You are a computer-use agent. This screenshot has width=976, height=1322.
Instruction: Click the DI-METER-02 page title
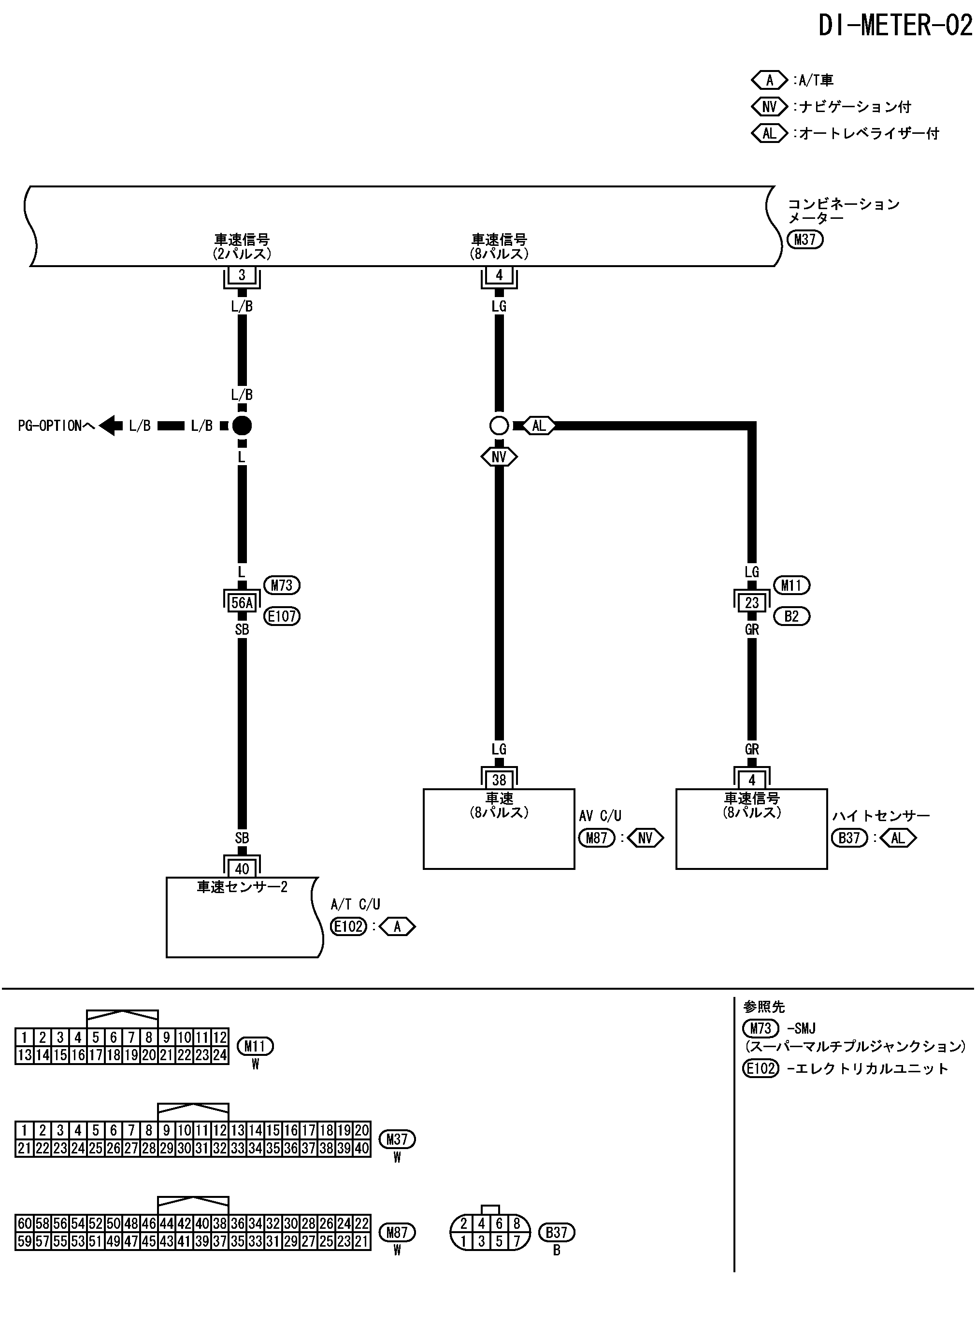point(894,26)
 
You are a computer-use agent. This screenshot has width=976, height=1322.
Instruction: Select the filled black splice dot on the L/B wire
point(242,425)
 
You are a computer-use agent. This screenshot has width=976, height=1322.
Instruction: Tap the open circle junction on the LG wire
point(499,425)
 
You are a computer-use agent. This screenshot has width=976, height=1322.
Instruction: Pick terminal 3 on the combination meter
point(242,275)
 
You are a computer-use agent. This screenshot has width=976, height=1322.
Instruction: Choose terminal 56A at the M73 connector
point(242,602)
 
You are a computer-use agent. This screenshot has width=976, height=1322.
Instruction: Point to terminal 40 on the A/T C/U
point(242,868)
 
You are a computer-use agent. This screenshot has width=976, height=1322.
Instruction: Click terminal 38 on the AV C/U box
point(499,780)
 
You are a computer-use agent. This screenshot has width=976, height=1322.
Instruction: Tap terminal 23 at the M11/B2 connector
point(751,602)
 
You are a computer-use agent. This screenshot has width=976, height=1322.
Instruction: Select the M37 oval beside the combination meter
point(804,239)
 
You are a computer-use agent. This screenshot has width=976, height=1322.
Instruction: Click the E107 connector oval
point(282,616)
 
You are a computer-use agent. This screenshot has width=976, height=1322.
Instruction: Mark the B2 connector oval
point(791,616)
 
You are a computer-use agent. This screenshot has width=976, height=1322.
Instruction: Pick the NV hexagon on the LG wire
point(499,457)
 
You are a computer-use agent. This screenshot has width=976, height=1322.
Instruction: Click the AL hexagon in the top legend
point(769,133)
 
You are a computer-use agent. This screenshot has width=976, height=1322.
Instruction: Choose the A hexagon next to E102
point(397,927)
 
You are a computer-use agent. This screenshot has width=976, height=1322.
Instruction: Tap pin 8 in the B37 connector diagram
point(517,1224)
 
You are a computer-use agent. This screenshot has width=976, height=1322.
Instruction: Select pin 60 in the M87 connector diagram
point(24,1223)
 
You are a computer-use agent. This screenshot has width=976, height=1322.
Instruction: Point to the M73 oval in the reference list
point(761,1028)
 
